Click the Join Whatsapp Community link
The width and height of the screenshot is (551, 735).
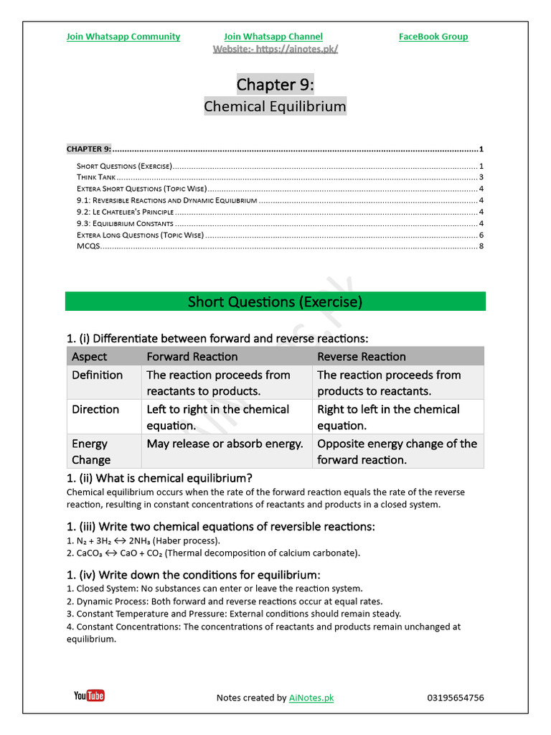coord(123,37)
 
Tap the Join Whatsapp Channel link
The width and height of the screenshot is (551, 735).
coord(273,37)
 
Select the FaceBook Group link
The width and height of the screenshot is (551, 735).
coord(433,37)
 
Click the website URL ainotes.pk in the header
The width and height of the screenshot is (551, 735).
coord(275,49)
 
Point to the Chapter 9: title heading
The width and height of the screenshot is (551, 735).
coord(275,85)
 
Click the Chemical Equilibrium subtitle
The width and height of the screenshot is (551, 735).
coord(275,107)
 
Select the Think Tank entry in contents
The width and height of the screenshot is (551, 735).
coord(96,177)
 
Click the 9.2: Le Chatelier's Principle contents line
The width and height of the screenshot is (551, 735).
coord(126,212)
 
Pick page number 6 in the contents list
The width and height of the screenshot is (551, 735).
coord(481,235)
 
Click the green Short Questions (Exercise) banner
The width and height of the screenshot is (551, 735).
coord(275,301)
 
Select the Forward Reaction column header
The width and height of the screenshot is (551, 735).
coord(192,357)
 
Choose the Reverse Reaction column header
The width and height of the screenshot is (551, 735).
coord(361,357)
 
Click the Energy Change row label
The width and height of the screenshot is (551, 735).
coord(90,451)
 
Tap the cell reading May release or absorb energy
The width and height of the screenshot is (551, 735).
coord(225,444)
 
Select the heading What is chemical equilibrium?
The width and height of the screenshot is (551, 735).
coord(159,478)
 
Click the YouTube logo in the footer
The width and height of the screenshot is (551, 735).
coord(89,696)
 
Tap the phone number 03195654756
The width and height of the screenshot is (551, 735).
coord(455,698)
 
